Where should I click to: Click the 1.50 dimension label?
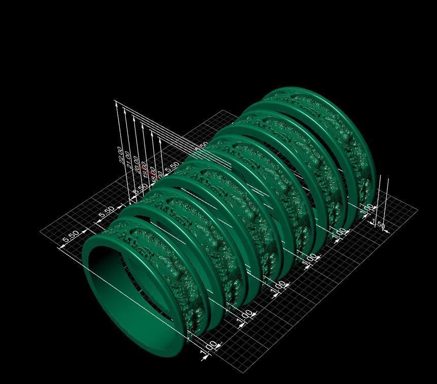click(x=380, y=225)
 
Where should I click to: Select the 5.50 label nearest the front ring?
click(x=70, y=236)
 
